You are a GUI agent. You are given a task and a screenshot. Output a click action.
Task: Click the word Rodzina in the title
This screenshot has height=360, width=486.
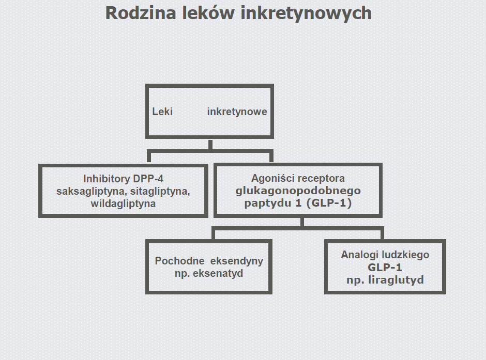(141, 13)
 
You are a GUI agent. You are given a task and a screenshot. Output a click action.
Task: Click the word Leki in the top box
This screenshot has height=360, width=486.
(162, 112)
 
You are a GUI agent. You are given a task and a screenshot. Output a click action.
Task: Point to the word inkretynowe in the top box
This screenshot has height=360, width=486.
(237, 112)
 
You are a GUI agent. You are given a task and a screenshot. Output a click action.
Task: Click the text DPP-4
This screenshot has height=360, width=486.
(148, 179)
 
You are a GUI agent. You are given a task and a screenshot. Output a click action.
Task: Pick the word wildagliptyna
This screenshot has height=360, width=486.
(123, 204)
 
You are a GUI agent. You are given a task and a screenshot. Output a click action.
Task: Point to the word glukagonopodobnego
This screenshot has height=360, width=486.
(298, 191)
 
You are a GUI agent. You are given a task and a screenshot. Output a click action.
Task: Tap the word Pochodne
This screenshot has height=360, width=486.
(179, 261)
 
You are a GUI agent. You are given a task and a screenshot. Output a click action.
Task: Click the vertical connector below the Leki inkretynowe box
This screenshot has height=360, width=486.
(210, 145)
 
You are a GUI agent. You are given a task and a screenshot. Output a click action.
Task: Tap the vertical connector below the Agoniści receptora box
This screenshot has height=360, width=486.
(302, 222)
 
